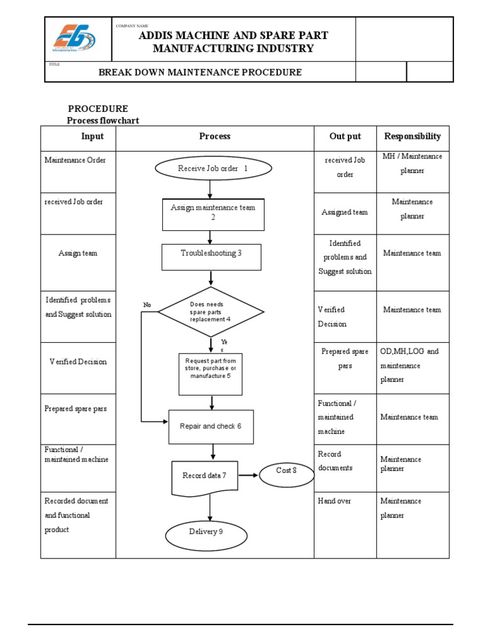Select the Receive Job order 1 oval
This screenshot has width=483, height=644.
click(x=213, y=169)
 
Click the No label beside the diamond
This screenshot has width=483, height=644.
click(x=147, y=305)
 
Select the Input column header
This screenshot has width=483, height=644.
click(x=92, y=136)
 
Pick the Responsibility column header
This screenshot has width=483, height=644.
click(x=413, y=136)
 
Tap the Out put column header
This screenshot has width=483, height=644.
click(x=345, y=136)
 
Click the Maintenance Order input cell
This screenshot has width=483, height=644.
click(x=75, y=160)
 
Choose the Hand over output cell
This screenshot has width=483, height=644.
click(x=335, y=501)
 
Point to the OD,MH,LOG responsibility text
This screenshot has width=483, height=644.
click(x=409, y=352)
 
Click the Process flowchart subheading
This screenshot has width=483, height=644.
click(x=103, y=121)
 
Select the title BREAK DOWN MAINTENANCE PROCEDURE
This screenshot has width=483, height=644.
click(x=200, y=72)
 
